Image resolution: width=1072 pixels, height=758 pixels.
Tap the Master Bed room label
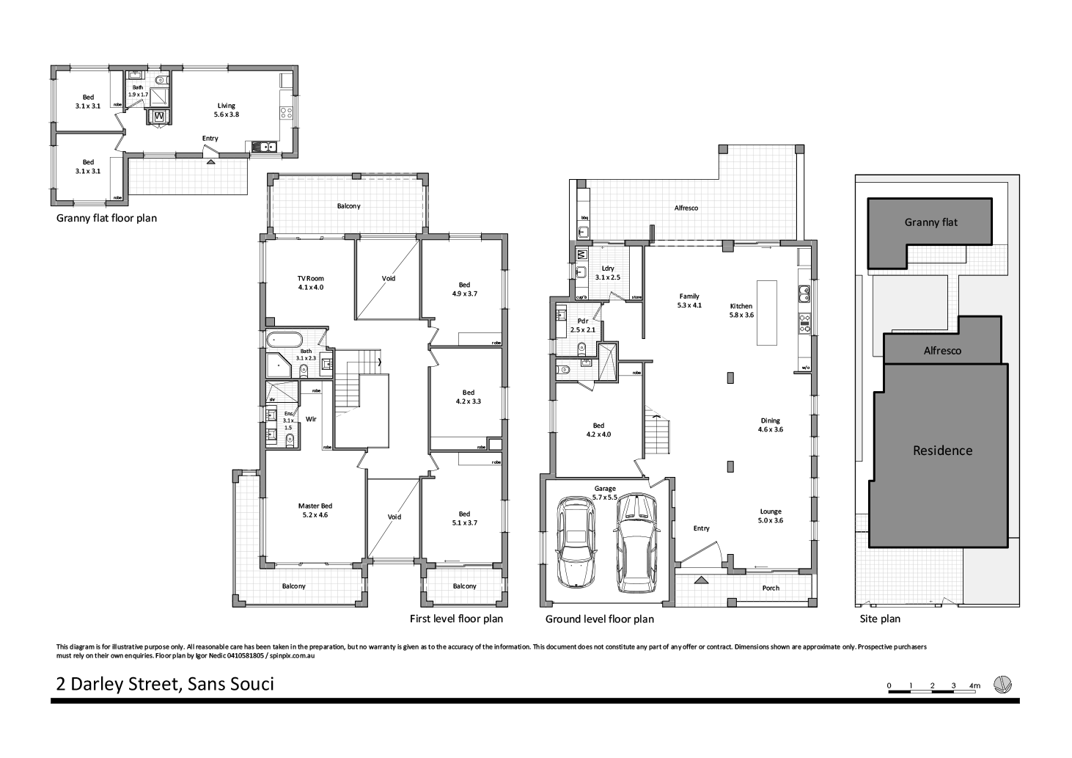[315, 510]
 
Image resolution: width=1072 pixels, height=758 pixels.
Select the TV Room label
[310, 283]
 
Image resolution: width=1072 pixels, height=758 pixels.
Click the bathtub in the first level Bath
[284, 340]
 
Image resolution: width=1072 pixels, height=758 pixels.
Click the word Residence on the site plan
[942, 451]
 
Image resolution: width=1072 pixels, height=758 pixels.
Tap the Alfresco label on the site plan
[942, 351]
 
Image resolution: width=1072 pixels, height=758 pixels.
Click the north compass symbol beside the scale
[1002, 685]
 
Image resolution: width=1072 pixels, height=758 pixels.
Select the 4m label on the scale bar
[974, 685]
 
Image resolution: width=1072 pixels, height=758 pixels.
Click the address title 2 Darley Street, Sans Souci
[165, 684]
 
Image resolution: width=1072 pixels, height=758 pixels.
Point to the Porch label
[771, 588]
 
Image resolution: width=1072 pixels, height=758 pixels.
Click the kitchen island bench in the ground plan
[768, 312]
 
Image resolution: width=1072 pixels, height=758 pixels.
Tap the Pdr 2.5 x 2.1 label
[584, 326]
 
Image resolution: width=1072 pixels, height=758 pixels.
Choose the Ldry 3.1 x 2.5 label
[607, 273]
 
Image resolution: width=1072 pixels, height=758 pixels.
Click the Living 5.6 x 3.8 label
[226, 110]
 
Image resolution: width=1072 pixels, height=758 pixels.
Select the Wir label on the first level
[311, 419]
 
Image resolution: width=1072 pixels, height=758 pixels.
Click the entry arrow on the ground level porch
[700, 580]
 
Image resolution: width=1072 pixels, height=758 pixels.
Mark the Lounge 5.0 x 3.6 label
[771, 516]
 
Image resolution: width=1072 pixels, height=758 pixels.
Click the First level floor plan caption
[456, 619]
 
